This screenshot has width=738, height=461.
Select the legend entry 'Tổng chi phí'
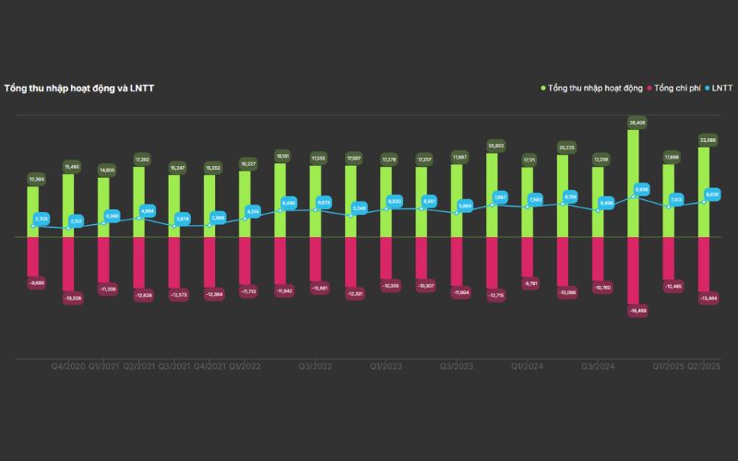pos(678,89)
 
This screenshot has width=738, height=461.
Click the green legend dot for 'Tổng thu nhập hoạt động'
pos(543,89)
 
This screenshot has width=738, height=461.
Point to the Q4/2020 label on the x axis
pos(68,366)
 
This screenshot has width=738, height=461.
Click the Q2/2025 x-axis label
pos(704,366)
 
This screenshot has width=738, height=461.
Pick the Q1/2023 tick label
pos(386,366)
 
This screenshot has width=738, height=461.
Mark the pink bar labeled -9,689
pos(33,257)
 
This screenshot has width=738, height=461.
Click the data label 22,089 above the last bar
pos(706,140)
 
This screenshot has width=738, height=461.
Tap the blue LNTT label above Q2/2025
pos(711,195)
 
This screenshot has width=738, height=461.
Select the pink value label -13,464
pos(706,298)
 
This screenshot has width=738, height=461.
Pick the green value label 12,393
pos(35,179)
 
